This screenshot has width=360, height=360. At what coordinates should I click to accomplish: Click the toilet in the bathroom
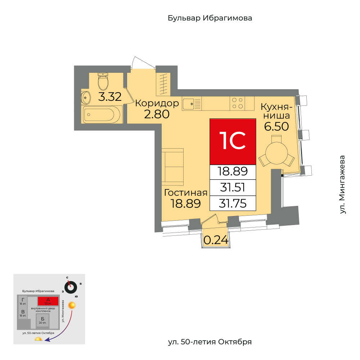[103, 81]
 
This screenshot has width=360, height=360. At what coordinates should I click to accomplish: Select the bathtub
[99, 115]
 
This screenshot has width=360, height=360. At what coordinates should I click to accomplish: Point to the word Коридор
[157, 104]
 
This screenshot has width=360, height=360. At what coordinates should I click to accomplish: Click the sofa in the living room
[172, 167]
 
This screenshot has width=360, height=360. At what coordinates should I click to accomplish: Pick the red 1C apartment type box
[233, 141]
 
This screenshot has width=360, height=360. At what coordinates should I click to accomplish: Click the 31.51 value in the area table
[233, 188]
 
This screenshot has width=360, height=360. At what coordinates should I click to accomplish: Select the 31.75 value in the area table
[233, 204]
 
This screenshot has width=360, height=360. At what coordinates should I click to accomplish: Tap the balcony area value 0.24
[216, 240]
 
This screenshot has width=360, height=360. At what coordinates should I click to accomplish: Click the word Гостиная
[185, 193]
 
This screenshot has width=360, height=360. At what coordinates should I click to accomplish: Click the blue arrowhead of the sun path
[46, 341]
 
